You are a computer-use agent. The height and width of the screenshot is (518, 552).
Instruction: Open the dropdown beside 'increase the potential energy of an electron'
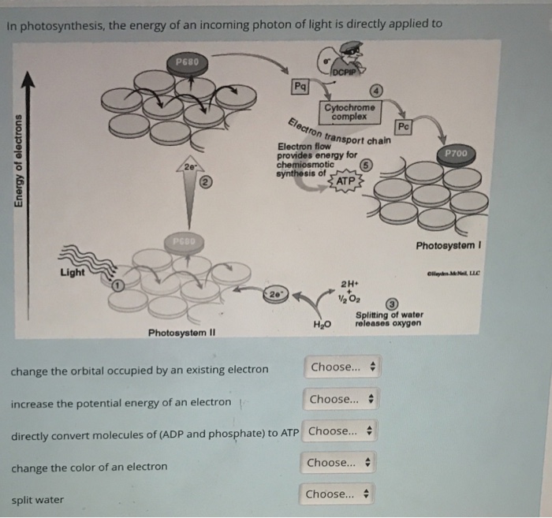(x=341, y=399)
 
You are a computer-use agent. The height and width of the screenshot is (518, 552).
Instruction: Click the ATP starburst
(x=344, y=182)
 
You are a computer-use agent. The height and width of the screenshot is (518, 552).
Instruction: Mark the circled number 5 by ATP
(x=365, y=166)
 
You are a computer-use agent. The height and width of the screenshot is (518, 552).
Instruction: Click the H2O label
(x=321, y=324)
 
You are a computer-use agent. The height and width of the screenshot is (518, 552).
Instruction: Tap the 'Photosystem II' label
(x=181, y=333)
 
